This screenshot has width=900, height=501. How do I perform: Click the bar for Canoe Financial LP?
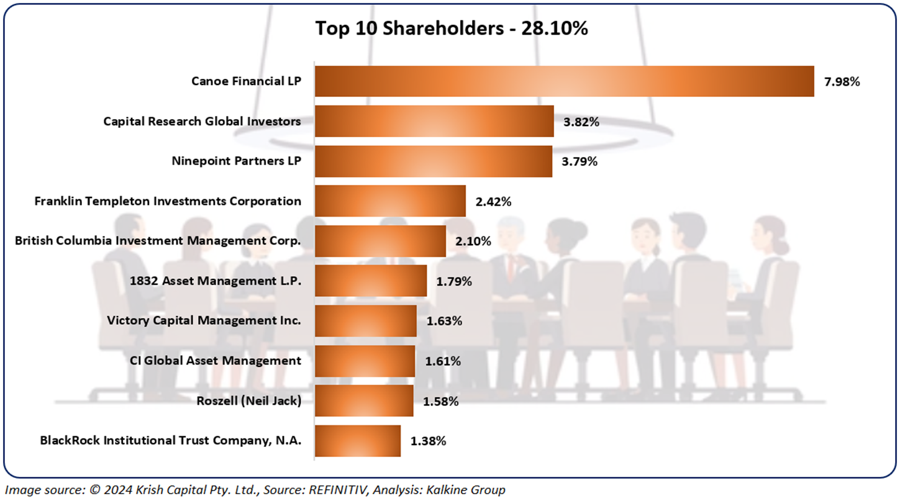[564, 81]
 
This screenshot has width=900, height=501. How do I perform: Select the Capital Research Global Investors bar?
[434, 121]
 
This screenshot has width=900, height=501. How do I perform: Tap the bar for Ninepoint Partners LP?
[434, 161]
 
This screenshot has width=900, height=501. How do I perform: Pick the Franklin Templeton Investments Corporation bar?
[390, 201]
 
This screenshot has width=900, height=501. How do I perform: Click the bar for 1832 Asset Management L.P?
[371, 281]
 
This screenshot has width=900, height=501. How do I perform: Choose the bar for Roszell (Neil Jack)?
[364, 400]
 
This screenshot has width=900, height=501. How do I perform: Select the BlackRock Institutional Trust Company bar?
[358, 441]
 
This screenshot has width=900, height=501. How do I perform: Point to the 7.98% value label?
[842, 81]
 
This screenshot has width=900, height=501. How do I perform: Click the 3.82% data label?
[581, 122]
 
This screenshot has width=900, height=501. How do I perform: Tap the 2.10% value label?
[473, 241]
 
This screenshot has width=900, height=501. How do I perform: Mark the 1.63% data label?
[443, 321]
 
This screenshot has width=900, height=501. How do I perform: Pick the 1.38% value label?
[428, 441]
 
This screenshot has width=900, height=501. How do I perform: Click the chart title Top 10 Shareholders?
[451, 28]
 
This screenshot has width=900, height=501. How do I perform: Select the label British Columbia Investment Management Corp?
[158, 241]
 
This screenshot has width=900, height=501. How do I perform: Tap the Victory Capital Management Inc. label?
[204, 320]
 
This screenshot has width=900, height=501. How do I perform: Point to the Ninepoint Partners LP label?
[236, 161]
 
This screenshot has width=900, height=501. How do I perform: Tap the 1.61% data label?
[443, 361]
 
